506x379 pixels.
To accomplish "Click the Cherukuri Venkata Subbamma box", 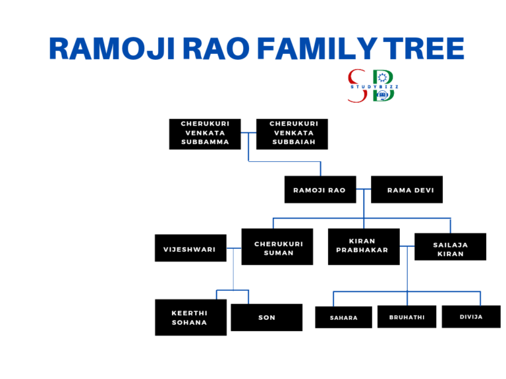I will click(x=205, y=134).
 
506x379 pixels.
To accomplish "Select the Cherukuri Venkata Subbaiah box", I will click(x=293, y=134).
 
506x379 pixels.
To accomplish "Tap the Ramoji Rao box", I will click(x=320, y=189).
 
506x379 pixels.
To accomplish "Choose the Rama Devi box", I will click(x=407, y=189).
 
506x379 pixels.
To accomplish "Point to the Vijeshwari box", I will click(x=190, y=248).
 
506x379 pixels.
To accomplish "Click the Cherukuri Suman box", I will click(x=277, y=248).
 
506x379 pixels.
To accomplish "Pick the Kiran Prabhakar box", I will click(x=364, y=246).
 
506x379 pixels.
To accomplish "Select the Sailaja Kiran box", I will click(x=450, y=247).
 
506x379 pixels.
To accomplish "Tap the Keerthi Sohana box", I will click(x=190, y=317).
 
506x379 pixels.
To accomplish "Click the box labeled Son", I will click(x=267, y=317).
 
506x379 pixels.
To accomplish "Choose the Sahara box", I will click(x=343, y=317).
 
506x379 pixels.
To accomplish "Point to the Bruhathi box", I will click(x=407, y=316).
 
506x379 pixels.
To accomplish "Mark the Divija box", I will click(x=470, y=316).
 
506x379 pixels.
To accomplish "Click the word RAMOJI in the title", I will click(x=107, y=49).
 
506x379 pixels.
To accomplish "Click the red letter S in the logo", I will click(x=357, y=84).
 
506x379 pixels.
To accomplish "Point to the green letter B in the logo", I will click(x=383, y=84).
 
